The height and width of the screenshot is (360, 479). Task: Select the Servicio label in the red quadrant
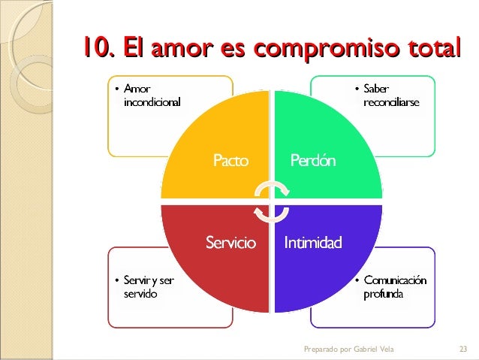coord(230,244)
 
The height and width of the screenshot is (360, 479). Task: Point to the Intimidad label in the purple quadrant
coord(312,244)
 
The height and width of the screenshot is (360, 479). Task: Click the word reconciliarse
coord(391,101)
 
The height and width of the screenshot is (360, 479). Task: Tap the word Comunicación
coord(395,280)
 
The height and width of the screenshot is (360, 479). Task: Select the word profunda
coord(382,293)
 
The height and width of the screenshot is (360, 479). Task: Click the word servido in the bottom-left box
coord(140,294)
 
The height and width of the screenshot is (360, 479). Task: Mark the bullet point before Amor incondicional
coord(116,90)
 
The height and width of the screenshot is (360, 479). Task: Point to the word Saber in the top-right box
coord(376,89)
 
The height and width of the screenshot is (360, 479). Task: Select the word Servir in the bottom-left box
coord(136,280)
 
